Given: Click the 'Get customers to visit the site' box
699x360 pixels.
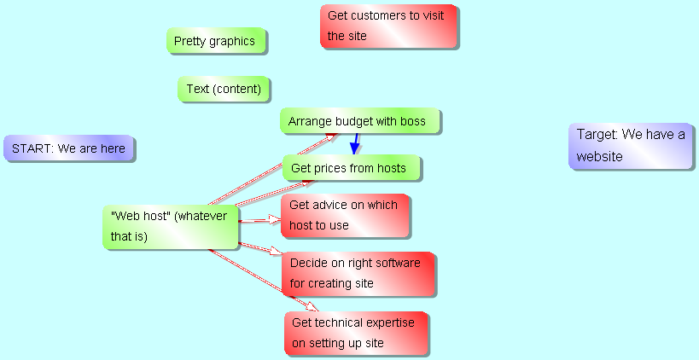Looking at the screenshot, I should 388,26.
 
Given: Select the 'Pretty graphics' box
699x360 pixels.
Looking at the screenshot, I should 216,41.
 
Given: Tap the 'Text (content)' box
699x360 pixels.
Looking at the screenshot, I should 224,89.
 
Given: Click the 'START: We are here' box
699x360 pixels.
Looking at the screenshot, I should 68,148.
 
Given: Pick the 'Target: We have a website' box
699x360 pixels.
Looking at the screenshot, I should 631,146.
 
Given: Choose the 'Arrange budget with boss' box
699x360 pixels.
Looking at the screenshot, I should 359,121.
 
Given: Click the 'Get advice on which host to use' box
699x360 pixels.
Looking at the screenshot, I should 345,216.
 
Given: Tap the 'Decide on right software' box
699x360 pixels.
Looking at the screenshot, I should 358,273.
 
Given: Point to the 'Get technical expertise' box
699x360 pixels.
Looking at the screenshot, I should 355,333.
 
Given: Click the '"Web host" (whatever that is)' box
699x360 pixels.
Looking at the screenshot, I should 170,227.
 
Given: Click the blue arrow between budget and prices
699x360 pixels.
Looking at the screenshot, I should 355,143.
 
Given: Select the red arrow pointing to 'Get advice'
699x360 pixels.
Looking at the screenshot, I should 259,220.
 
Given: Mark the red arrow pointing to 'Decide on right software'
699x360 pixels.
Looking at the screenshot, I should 259,248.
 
